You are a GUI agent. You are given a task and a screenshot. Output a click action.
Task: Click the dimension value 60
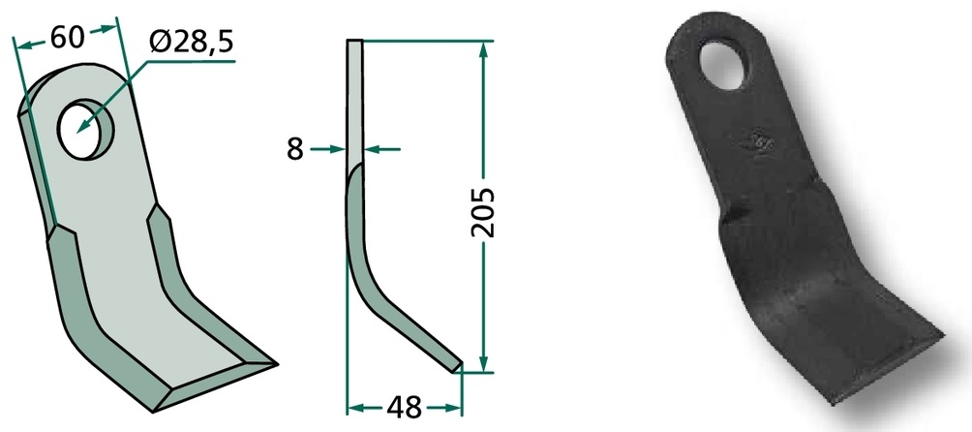[67, 38]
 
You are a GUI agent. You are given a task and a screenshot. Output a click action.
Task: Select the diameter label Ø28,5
[191, 43]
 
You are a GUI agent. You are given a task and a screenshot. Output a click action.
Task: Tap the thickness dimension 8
[295, 149]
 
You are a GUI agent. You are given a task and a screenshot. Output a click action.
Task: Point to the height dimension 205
[483, 212]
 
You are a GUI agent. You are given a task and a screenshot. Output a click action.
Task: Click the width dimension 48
[404, 408]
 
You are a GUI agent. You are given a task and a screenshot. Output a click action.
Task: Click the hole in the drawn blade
[86, 128]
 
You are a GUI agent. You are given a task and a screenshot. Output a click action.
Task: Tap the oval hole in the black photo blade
[722, 64]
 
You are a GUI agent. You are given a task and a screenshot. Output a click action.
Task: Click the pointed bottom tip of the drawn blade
[276, 363]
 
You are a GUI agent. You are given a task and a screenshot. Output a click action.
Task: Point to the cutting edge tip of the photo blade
[943, 336]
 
